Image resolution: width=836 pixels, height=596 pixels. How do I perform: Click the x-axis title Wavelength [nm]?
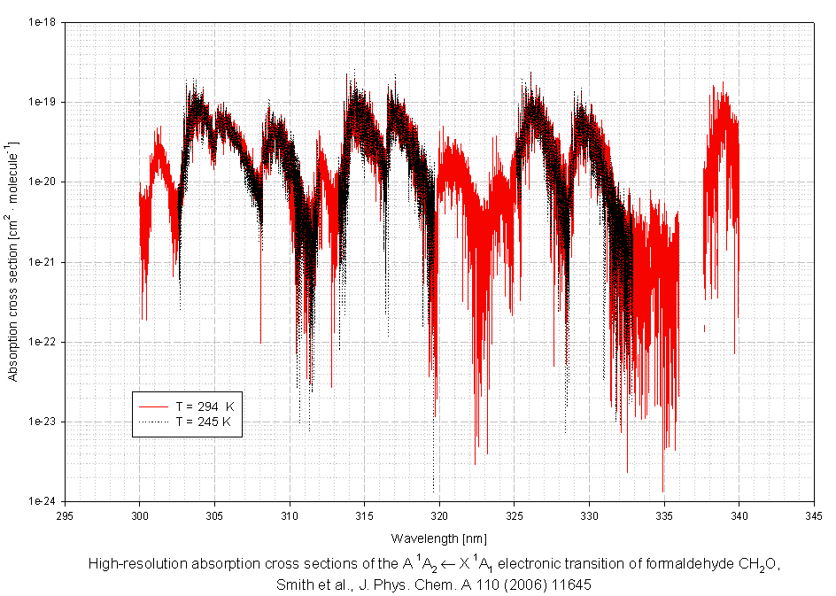point(438,538)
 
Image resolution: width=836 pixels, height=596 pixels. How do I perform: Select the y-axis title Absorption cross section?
point(13,261)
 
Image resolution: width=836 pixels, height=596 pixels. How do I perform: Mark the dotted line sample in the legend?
point(153,422)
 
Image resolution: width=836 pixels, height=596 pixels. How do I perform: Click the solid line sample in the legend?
point(153,406)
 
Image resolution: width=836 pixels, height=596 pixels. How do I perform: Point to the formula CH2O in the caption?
point(762,565)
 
